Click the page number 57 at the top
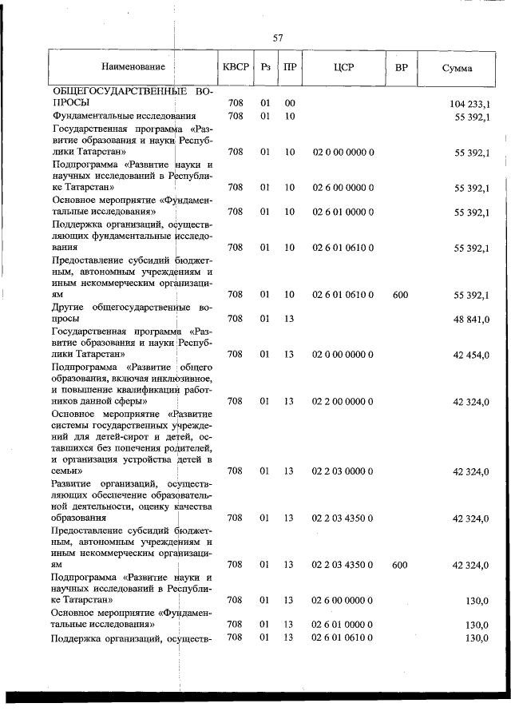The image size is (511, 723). click(278, 38)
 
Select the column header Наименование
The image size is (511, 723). click(133, 68)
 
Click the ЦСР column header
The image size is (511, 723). click(344, 68)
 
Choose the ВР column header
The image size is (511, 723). click(401, 68)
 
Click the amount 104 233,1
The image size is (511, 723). click(470, 104)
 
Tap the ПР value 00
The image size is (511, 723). click(290, 103)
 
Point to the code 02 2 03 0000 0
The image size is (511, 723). click(343, 471)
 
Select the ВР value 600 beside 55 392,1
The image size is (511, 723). click(401, 295)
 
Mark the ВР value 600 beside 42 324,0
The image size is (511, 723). click(401, 565)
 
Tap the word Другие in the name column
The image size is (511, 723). click(69, 307)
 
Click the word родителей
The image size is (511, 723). click(186, 448)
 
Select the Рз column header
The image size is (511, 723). click(266, 68)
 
